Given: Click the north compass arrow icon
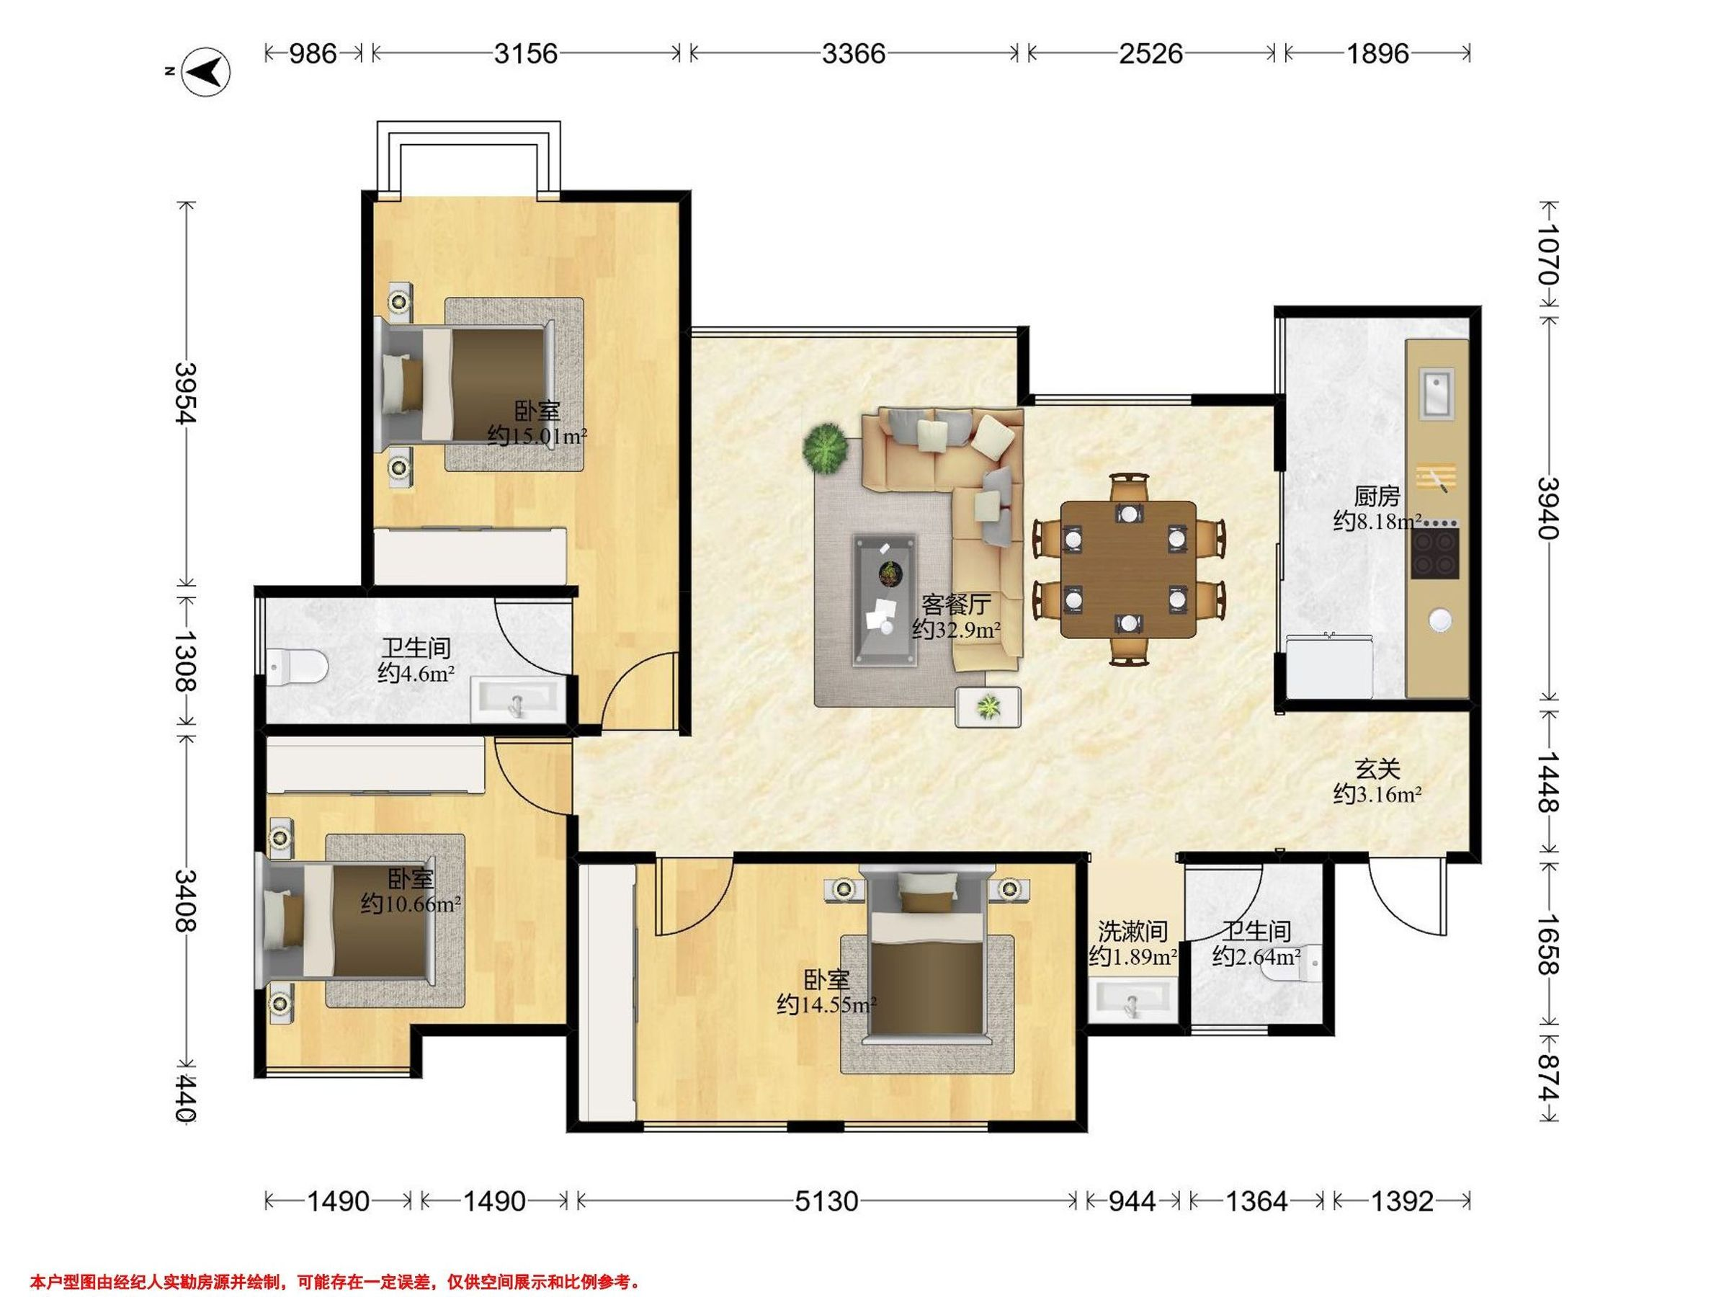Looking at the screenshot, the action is click(205, 72).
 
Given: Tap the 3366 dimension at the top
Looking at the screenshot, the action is click(854, 53).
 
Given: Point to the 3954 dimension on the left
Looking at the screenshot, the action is click(184, 393).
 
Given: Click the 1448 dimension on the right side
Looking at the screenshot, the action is click(1547, 782).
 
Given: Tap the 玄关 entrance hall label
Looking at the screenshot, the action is click(1377, 770).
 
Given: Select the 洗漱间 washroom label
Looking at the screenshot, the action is click(1132, 931).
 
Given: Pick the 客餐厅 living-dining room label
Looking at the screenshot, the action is click(956, 605).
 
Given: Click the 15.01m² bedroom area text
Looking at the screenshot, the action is click(545, 436).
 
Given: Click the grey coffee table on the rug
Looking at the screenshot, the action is click(885, 600).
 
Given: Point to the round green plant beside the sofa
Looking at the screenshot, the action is click(826, 448).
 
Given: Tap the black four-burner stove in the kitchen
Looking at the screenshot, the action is click(1435, 553).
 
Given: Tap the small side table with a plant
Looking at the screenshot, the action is click(988, 707).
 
